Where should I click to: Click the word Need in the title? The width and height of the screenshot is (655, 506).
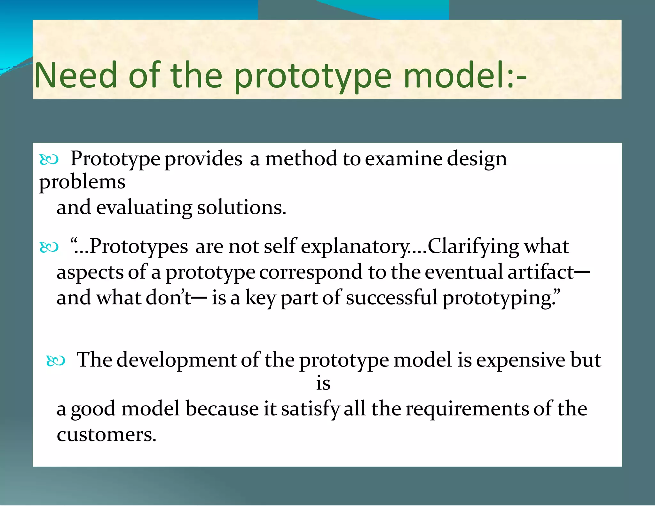pyautogui.click(x=76, y=75)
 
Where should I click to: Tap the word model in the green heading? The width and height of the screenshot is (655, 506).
pyautogui.click(x=454, y=75)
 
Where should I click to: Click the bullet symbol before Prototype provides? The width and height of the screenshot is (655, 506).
pyautogui.click(x=49, y=159)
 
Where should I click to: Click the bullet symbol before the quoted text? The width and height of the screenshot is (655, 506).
pyautogui.click(x=49, y=247)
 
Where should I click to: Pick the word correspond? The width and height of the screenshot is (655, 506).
pyautogui.click(x=311, y=273)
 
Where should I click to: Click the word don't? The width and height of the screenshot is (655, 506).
pyautogui.click(x=168, y=298)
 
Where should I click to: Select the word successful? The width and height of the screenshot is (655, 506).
pyautogui.click(x=391, y=298)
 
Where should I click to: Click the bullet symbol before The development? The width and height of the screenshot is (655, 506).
pyautogui.click(x=56, y=361)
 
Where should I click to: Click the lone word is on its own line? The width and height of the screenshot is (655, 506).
pyautogui.click(x=323, y=384)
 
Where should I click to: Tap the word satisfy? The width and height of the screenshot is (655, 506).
pyautogui.click(x=310, y=409)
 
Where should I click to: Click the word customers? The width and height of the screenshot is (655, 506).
pyautogui.click(x=107, y=435)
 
